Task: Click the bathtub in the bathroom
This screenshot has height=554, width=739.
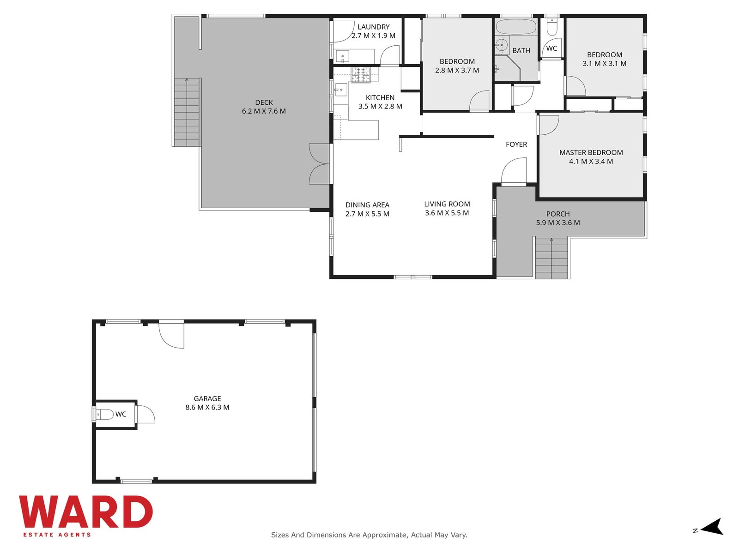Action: pyautogui.click(x=516, y=27)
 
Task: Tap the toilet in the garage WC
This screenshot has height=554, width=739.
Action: pyautogui.click(x=105, y=415)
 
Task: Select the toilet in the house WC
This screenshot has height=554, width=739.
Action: pyautogui.click(x=552, y=27)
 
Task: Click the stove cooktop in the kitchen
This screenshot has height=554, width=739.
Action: pyautogui.click(x=361, y=75)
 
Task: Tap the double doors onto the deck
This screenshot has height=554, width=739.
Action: pyautogui.click(x=320, y=164)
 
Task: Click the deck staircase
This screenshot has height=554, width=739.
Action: pyautogui.click(x=187, y=112)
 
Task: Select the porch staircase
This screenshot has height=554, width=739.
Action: pyautogui.click(x=551, y=258)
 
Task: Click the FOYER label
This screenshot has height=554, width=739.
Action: pyautogui.click(x=516, y=145)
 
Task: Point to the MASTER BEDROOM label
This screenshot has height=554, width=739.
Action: pyautogui.click(x=591, y=152)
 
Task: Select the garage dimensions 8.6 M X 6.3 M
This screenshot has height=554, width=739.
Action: pyautogui.click(x=207, y=407)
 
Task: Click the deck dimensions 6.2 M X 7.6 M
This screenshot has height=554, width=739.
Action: pyautogui.click(x=264, y=111)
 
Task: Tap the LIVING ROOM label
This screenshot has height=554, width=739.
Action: pyautogui.click(x=447, y=204)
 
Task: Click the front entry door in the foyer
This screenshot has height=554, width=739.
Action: pyautogui.click(x=514, y=171)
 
